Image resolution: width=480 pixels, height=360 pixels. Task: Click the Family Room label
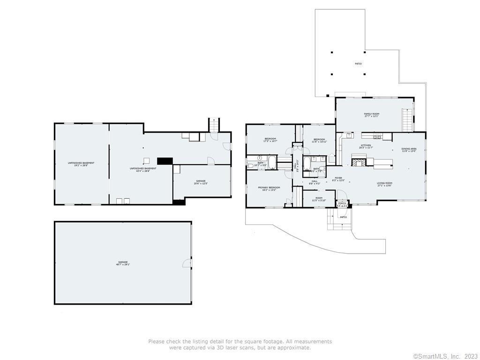pyautogui.click(x=372, y=115)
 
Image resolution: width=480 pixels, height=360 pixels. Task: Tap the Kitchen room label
pyautogui.click(x=365, y=146)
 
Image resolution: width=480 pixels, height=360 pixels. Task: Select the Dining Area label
pyautogui.click(x=409, y=150)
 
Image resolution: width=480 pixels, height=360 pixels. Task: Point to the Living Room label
pyautogui.click(x=384, y=184)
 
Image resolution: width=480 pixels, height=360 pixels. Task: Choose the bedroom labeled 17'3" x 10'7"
pyautogui.click(x=270, y=140)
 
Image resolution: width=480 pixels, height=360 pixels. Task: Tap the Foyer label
pyautogui.click(x=338, y=179)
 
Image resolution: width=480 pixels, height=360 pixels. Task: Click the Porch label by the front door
pyautogui.click(x=342, y=204)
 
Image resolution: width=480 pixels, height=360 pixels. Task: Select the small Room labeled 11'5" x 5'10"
pyautogui.click(x=319, y=199)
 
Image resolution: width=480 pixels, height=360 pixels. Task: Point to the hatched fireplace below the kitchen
pyautogui.click(x=358, y=163)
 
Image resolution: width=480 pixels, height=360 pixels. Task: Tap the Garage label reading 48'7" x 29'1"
pyautogui.click(x=123, y=263)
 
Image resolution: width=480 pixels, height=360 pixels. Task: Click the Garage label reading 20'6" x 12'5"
pyautogui.click(x=201, y=182)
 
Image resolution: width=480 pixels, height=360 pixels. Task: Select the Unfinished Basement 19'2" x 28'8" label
pyautogui.click(x=81, y=164)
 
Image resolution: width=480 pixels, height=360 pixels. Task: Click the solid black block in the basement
pyautogui.click(x=165, y=161)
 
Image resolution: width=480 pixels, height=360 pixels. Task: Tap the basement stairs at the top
pyautogui.click(x=214, y=125)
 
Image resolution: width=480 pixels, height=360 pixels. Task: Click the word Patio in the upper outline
pyautogui.click(x=358, y=64)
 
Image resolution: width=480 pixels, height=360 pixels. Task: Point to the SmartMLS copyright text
pyautogui.click(x=445, y=357)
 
